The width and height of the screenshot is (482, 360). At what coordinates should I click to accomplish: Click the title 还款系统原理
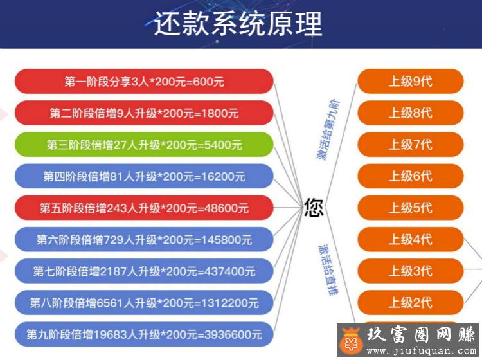[238, 24]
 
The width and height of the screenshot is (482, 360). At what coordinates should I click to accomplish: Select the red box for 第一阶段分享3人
[144, 82]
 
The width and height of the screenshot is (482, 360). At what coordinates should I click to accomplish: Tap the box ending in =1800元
[144, 113]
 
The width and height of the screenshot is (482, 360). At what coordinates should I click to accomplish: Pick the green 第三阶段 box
[144, 145]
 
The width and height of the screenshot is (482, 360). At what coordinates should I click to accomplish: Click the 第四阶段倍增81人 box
[144, 177]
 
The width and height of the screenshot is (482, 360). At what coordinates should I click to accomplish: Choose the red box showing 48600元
[144, 208]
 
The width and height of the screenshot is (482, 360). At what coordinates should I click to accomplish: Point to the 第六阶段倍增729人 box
[144, 240]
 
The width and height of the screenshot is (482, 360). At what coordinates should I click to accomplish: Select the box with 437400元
[144, 271]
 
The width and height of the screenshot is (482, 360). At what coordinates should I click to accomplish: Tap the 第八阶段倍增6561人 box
[144, 303]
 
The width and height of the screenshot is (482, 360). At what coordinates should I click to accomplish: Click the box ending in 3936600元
[144, 334]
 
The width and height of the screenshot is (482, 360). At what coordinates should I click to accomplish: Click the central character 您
[314, 208]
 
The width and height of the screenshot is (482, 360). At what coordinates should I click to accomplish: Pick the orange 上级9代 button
[411, 82]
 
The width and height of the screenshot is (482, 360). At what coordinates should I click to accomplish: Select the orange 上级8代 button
[411, 113]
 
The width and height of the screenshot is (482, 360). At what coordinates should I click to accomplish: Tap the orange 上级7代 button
[411, 145]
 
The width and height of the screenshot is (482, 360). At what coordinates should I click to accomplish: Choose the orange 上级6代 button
[411, 177]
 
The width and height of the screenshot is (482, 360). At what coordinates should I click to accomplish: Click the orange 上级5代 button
[411, 208]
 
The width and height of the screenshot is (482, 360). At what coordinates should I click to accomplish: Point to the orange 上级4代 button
[411, 240]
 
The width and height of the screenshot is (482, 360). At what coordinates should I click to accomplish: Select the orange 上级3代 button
[411, 271]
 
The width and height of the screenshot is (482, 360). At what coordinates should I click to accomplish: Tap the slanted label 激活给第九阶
[328, 129]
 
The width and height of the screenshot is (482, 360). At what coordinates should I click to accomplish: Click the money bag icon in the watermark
[352, 341]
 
